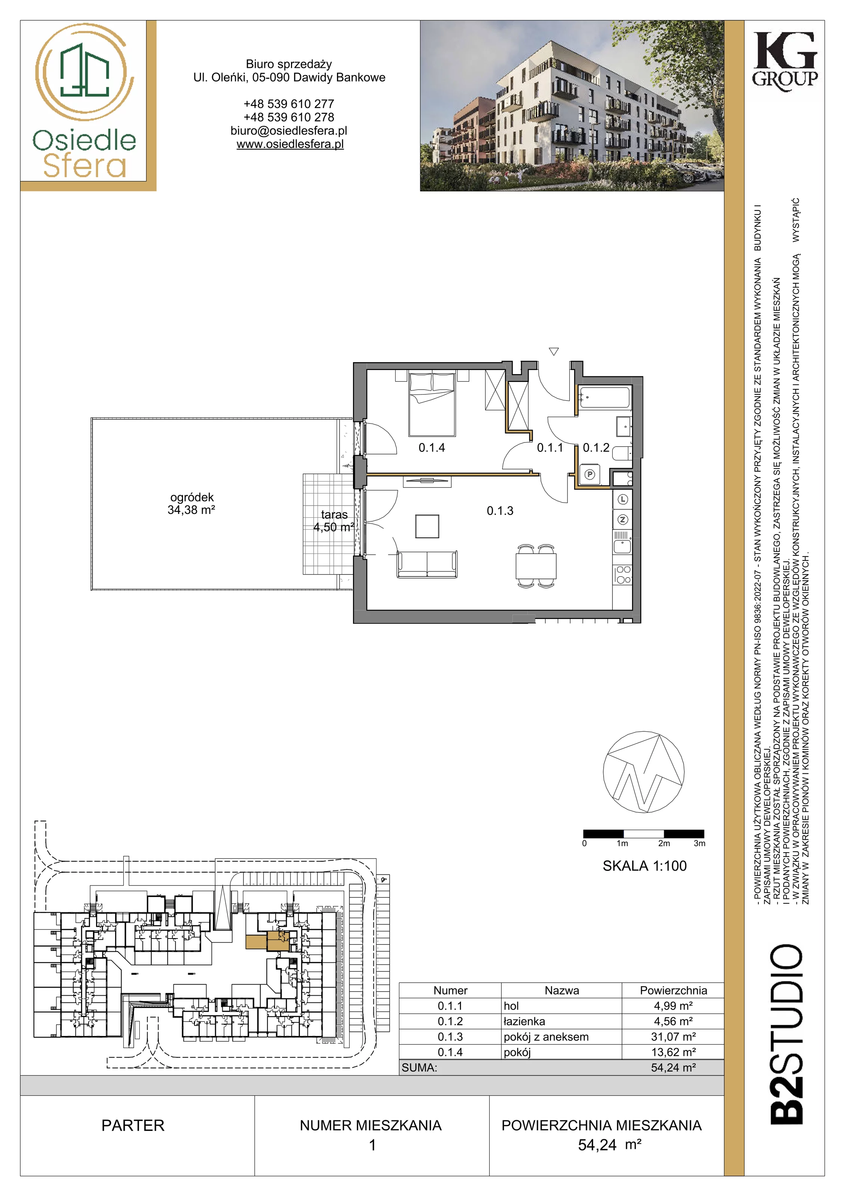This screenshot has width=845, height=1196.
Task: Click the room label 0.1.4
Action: pos(431,447)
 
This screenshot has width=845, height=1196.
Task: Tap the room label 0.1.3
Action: pos(500,511)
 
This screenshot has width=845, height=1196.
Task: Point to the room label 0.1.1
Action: pos(550,447)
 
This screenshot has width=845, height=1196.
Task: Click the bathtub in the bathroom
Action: pos(605,397)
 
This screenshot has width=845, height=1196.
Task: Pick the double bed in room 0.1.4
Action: pos(432,404)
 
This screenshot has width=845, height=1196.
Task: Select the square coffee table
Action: pos(427,526)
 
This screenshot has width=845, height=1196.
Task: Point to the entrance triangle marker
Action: pos(554,352)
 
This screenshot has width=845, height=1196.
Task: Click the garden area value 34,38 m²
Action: pos(191,510)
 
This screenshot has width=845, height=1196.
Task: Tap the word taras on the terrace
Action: pos(334,515)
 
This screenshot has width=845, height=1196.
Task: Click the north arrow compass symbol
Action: pos(644,772)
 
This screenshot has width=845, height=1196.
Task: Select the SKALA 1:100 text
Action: pos(644,866)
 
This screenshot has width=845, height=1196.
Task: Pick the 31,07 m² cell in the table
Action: pos(673,1037)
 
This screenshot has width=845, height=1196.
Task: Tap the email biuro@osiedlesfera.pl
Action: pos(289,131)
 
